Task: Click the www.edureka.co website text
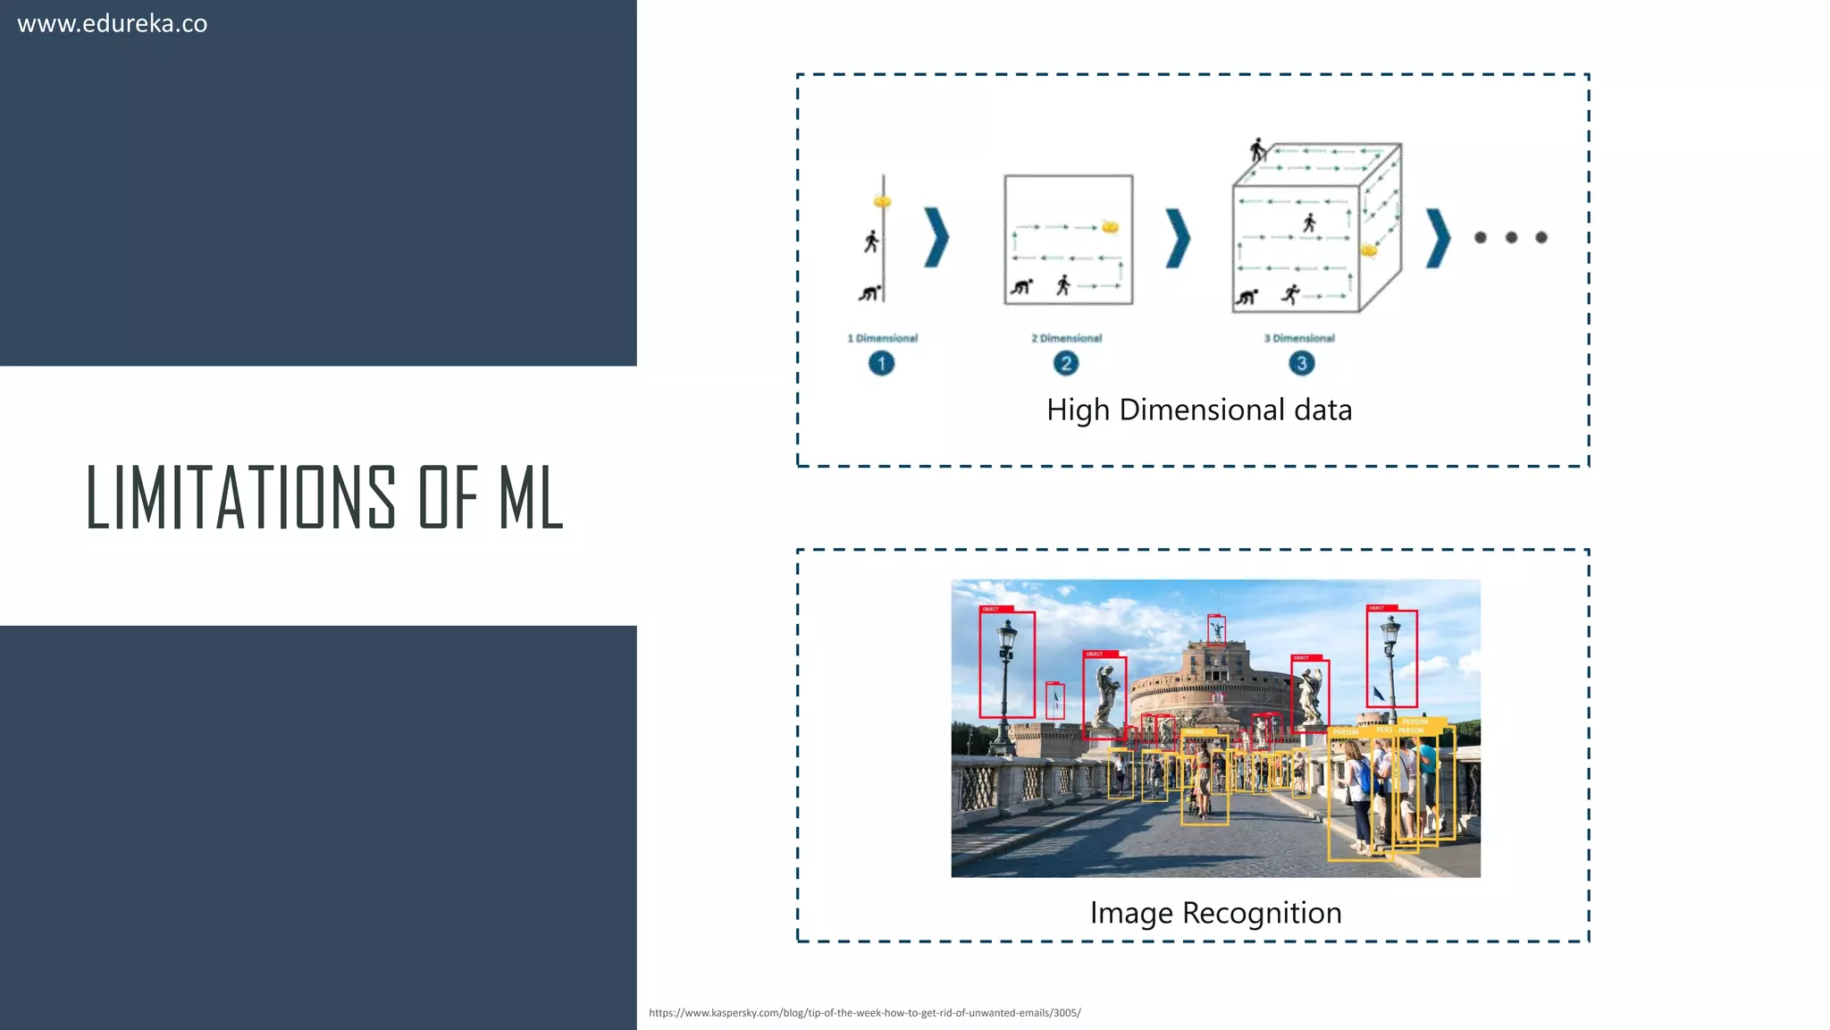tap(113, 24)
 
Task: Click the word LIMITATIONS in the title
tap(240, 497)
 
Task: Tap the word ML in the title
tap(530, 497)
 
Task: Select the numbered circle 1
tap(881, 363)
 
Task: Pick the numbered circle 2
tap(1065, 363)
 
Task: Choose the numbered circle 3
tap(1301, 363)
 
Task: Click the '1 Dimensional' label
tap(882, 338)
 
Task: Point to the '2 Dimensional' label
tap(1066, 338)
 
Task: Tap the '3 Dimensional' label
tap(1299, 338)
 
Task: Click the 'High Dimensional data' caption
tap(1199, 409)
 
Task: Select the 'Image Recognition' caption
tap(1215, 913)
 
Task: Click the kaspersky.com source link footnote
tap(864, 1013)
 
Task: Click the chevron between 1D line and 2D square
tap(936, 238)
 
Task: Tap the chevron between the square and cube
tap(1178, 238)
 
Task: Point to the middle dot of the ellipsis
tap(1511, 238)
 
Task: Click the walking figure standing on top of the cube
tap(1258, 150)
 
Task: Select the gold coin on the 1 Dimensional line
tap(883, 202)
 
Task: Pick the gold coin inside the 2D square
tap(1110, 226)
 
